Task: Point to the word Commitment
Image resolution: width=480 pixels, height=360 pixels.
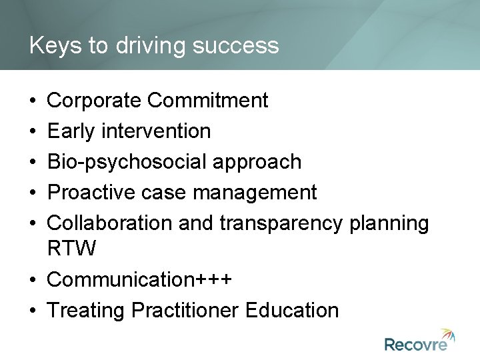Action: [x=208, y=101]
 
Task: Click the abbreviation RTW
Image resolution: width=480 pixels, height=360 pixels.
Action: [x=72, y=249]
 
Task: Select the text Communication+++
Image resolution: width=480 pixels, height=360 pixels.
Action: [x=140, y=279]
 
